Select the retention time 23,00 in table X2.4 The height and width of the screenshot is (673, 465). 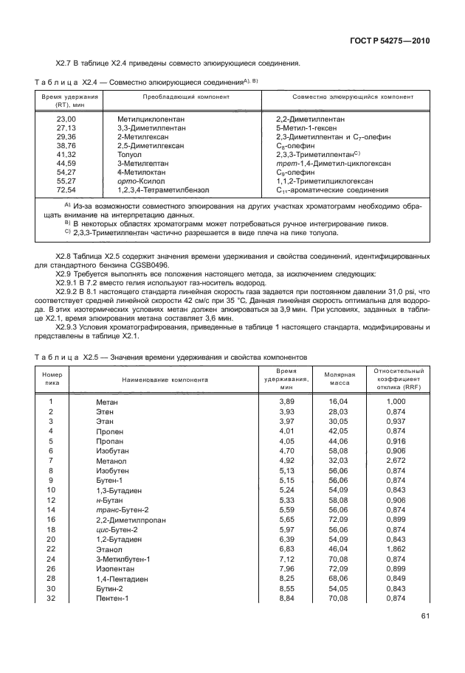coord(66,119)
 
